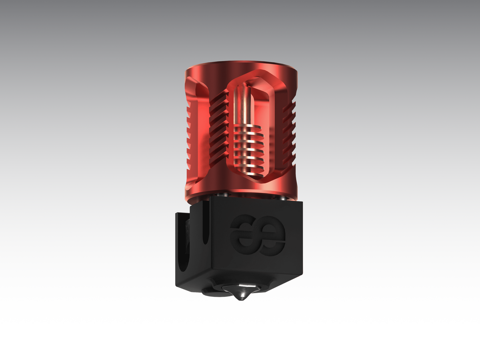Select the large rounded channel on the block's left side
[185, 240]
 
